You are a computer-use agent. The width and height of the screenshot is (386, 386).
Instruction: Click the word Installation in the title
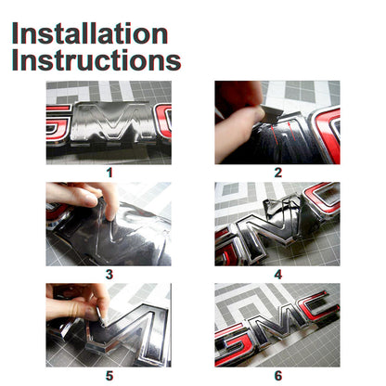[x=90, y=33]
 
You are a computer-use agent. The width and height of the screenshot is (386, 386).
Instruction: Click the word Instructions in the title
[x=96, y=60]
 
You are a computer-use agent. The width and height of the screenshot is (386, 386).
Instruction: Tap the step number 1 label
[x=109, y=173]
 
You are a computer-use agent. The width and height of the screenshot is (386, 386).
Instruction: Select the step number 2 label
[x=278, y=173]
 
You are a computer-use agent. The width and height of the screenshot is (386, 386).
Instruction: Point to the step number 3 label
[x=109, y=274]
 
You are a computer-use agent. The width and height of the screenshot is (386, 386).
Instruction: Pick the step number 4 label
[x=278, y=274]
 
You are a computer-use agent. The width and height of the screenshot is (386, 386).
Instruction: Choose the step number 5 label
[x=109, y=376]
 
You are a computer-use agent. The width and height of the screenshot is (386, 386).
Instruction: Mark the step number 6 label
[x=278, y=376]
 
